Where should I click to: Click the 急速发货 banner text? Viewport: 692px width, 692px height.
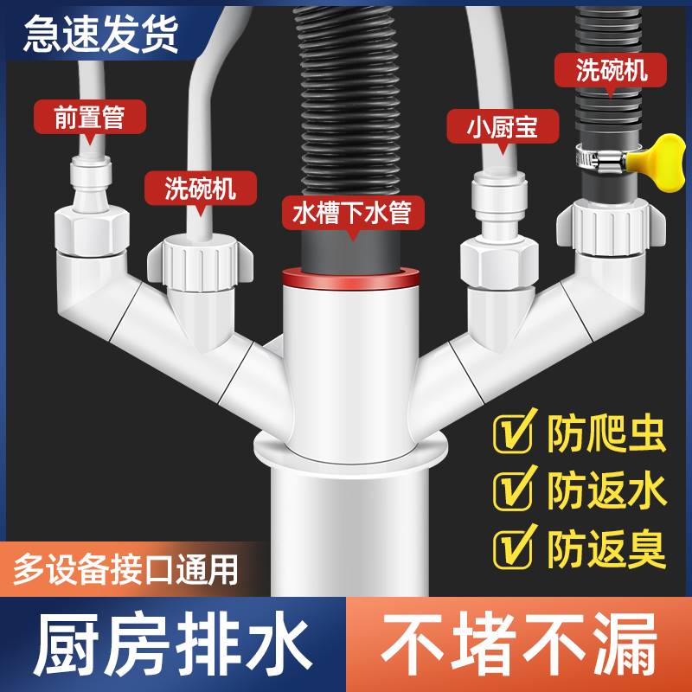tap(101, 32)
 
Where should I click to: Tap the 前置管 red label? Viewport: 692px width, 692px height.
tap(89, 117)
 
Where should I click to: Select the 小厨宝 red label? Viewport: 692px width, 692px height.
tap(492, 127)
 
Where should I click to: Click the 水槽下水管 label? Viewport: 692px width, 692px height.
tap(351, 213)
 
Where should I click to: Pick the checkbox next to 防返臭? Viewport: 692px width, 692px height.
tap(513, 547)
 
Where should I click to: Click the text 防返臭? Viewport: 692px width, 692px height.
tap(605, 547)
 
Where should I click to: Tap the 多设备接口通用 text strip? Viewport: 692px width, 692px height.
tap(125, 568)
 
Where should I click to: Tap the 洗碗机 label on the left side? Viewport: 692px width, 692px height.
tap(200, 187)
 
